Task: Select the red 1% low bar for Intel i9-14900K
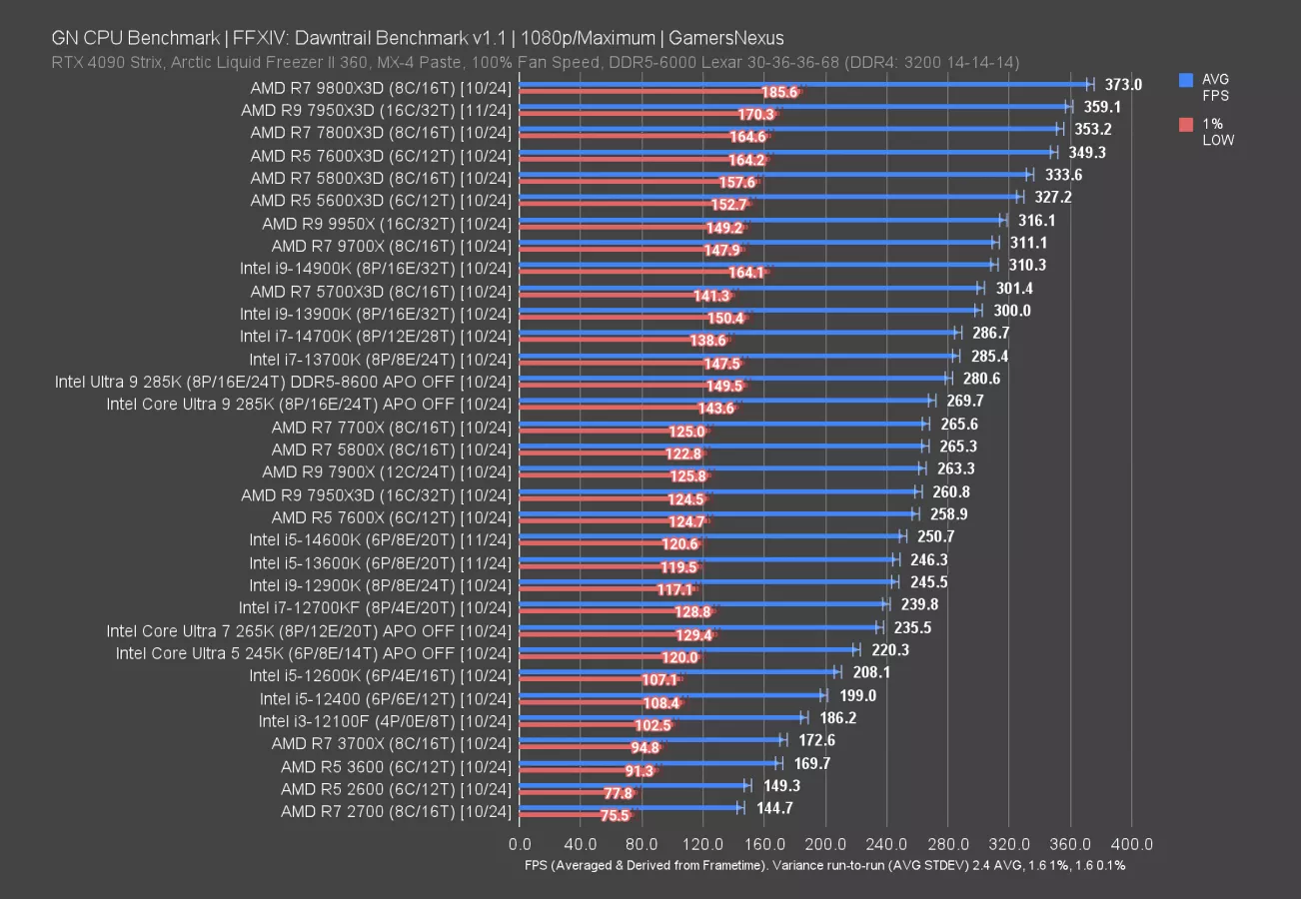[640, 273]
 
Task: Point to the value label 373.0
[1124, 85]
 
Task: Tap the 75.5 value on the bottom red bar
[615, 815]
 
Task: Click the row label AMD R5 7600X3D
[381, 155]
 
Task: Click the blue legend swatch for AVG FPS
[1186, 79]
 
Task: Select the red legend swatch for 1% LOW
[1186, 125]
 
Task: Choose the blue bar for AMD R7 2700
[630, 807]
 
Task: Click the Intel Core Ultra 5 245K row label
[314, 653]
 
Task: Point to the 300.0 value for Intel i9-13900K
[1011, 311]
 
